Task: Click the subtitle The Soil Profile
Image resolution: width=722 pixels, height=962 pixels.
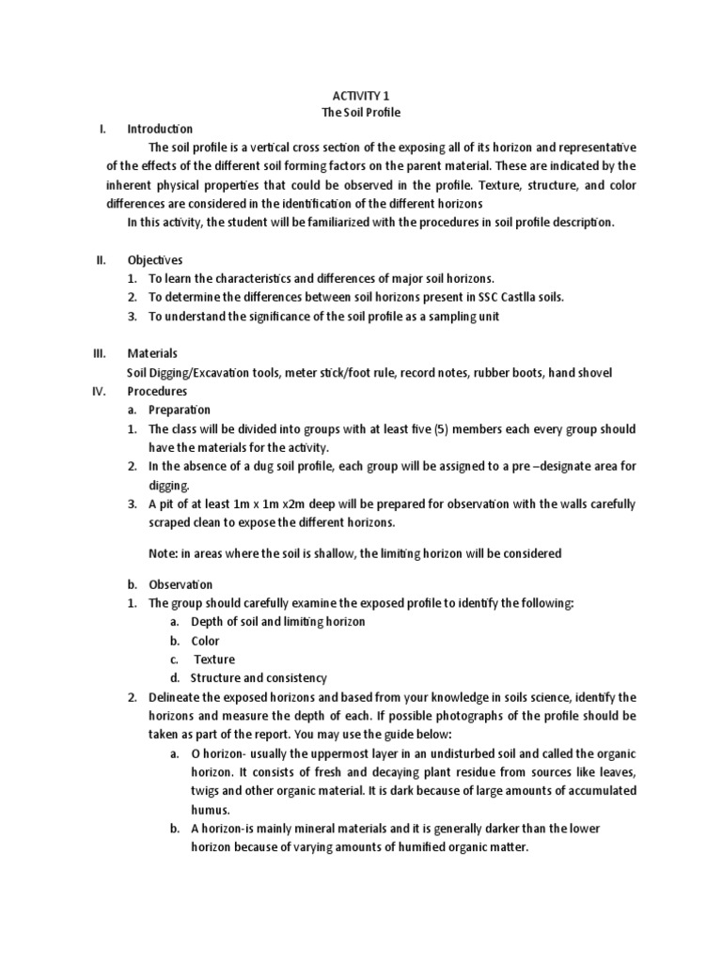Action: coord(361,112)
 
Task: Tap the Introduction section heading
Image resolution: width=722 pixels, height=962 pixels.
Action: coord(160,129)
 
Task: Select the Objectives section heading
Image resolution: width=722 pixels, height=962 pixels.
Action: coord(155,259)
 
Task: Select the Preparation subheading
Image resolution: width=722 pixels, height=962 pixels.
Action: coord(180,410)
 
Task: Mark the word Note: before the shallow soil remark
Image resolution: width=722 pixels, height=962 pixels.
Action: coord(165,553)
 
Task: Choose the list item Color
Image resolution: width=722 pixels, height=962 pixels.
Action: coord(205,641)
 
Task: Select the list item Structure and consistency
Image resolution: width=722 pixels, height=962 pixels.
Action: coord(259,677)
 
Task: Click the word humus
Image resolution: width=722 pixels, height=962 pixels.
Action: coord(211,809)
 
